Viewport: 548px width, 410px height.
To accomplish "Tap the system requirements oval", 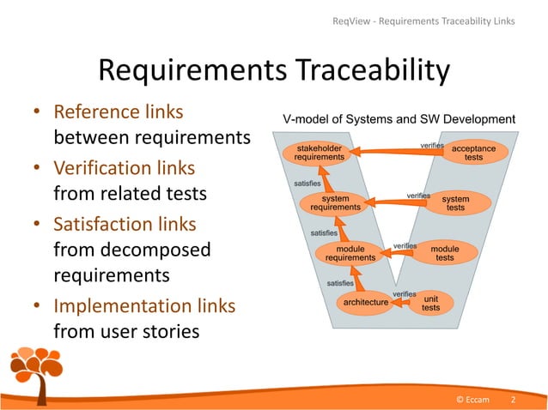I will pyautogui.click(x=334, y=203).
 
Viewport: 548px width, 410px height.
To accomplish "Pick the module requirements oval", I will pyautogui.click(x=350, y=253).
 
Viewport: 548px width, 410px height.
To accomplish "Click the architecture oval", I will pyautogui.click(x=366, y=302).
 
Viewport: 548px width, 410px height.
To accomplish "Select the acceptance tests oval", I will pyautogui.click(x=473, y=153).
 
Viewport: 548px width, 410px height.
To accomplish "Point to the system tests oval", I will pyautogui.click(x=455, y=203).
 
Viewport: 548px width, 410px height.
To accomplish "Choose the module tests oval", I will pyautogui.click(x=444, y=253).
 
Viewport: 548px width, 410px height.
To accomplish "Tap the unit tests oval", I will pyautogui.click(x=430, y=303).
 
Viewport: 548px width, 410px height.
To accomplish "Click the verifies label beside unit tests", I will pyautogui.click(x=404, y=294).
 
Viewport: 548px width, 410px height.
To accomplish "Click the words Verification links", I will pyautogui.click(x=124, y=168).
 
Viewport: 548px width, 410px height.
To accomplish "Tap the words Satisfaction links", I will pyautogui.click(x=125, y=225).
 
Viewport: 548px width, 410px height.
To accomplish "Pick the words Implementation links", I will pyautogui.click(x=144, y=305).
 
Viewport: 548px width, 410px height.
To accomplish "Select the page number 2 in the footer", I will pyautogui.click(x=513, y=400).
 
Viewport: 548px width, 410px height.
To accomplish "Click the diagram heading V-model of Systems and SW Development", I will pyautogui.click(x=399, y=119).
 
